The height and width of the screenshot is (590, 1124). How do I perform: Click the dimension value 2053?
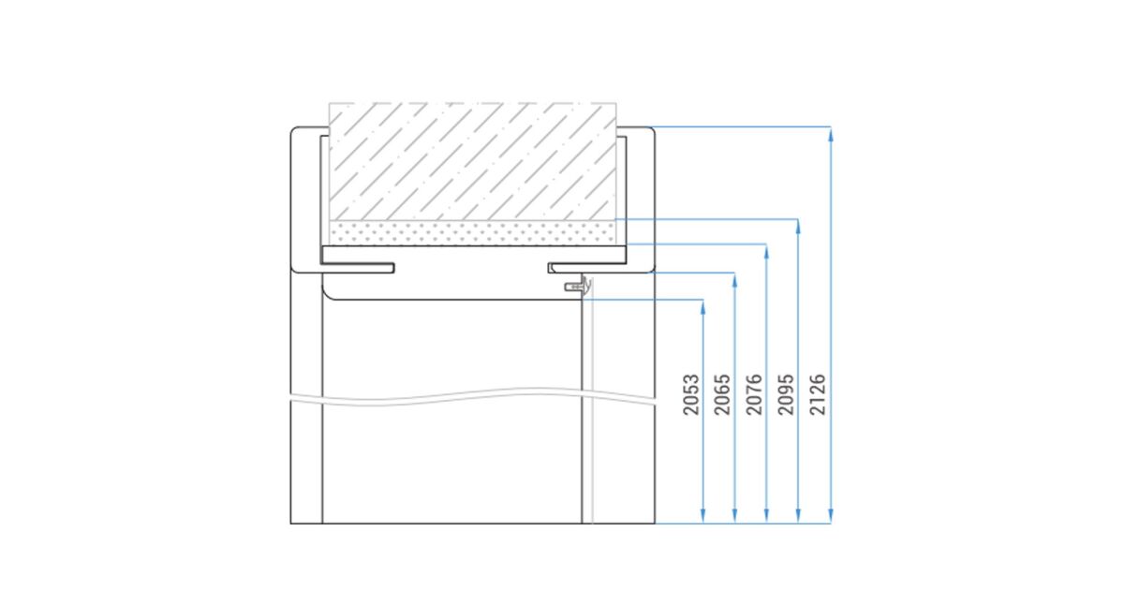point(691,394)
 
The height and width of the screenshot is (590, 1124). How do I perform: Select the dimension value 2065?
point(722,394)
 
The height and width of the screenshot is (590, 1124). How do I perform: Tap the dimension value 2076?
point(754,394)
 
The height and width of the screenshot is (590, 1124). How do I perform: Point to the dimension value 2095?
point(786,394)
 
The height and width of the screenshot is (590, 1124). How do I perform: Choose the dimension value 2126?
point(818,394)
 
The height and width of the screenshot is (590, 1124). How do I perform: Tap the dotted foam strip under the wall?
point(472,233)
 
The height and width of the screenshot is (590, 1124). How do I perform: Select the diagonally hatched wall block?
point(472,161)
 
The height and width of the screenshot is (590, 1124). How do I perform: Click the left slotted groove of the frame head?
point(357,268)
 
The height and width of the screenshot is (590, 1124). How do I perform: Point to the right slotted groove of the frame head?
point(587,268)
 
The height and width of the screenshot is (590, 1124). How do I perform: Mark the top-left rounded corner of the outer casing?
point(293,130)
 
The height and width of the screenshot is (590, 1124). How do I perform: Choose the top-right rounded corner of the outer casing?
point(652,130)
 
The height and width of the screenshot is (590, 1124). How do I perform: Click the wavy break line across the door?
point(472,395)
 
